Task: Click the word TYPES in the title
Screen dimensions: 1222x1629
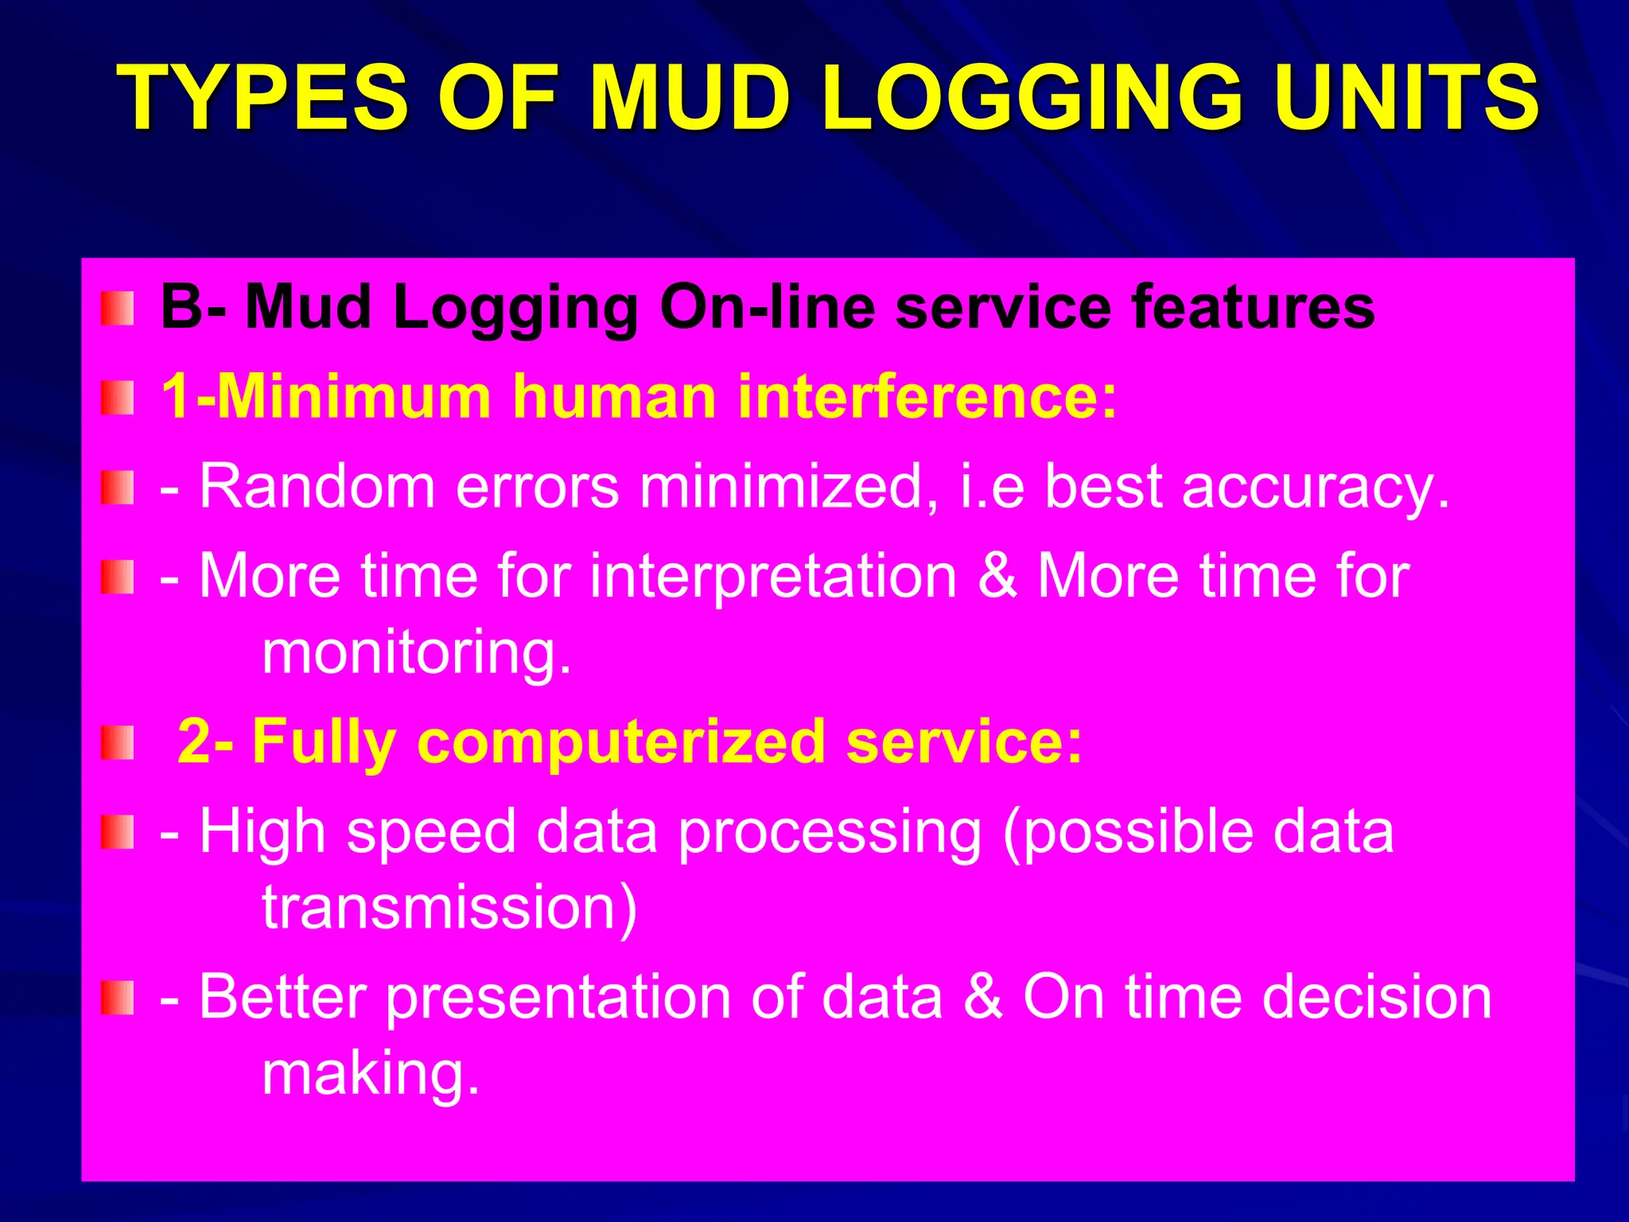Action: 262,99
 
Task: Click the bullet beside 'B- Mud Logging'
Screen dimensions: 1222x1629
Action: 117,309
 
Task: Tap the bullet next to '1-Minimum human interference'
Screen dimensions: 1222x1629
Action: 117,398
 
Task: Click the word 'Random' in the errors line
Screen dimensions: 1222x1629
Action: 317,486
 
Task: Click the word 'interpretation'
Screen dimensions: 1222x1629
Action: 773,576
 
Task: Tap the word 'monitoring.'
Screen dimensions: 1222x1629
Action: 417,652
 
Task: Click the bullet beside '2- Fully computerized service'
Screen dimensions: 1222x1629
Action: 117,743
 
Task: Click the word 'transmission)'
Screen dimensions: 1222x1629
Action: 450,907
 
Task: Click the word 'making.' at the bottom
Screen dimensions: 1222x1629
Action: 371,1074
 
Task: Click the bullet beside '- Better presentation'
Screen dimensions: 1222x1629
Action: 117,998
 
